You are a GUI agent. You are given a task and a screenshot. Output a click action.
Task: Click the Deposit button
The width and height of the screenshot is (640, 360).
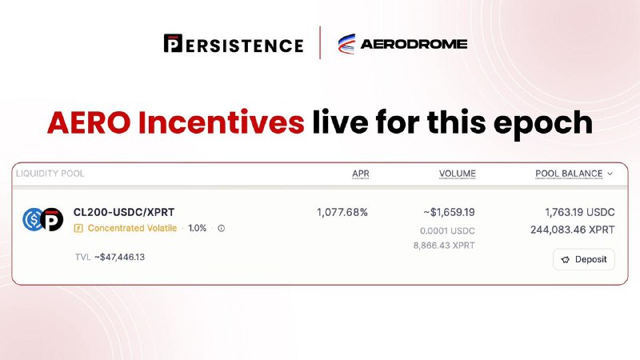584,259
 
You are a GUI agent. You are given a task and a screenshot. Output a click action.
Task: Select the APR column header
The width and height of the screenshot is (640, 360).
361,174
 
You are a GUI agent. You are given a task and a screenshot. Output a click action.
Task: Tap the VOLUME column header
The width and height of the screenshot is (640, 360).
457,174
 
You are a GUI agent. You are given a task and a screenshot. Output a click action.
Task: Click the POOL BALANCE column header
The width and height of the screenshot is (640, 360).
569,174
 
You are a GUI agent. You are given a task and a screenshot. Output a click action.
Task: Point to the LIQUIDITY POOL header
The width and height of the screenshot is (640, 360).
50,174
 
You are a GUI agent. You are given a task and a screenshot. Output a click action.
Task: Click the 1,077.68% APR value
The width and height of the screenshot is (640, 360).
342,212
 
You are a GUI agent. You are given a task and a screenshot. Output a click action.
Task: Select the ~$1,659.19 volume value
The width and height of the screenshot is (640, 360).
449,212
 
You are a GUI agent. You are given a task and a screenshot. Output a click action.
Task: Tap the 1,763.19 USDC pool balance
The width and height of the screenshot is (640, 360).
579,212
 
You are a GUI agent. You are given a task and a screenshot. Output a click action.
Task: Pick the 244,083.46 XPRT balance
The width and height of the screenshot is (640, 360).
572,230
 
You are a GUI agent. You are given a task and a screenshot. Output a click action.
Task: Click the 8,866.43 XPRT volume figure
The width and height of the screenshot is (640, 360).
444,246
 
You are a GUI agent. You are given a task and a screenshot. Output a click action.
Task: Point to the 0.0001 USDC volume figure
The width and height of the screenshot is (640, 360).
447,231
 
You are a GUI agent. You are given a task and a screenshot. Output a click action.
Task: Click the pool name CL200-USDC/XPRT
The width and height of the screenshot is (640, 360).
124,212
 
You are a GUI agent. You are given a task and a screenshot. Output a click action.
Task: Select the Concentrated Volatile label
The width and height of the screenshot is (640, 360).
132,228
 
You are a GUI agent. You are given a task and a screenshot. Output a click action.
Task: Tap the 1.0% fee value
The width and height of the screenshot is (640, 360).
197,228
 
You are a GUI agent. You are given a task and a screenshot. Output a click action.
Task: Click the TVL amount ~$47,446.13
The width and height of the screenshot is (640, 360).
119,257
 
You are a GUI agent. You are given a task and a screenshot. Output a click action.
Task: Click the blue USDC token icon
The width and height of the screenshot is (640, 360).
32,219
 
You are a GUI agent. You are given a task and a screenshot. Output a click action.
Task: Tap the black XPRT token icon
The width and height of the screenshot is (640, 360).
52,219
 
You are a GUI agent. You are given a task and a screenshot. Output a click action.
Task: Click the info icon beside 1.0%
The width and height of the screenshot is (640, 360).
222,228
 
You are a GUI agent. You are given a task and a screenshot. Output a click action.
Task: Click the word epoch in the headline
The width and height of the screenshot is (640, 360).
543,123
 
